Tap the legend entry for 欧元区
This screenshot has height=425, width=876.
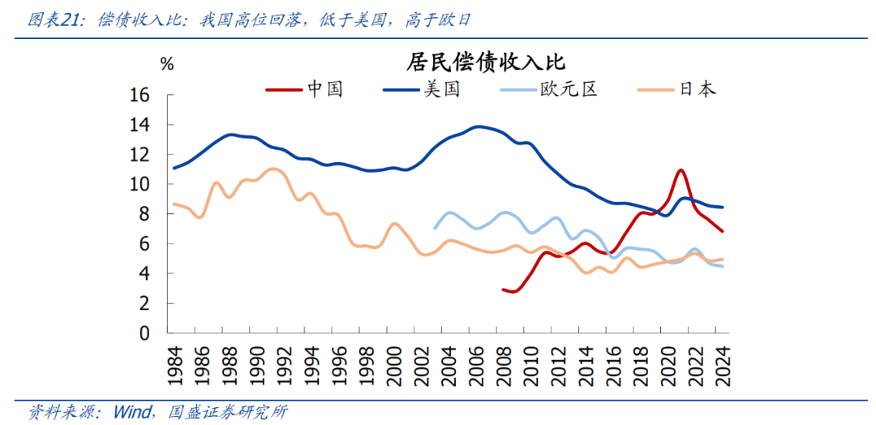(568, 89)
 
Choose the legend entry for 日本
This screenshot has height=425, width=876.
(697, 89)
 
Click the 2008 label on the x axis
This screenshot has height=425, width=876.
(503, 362)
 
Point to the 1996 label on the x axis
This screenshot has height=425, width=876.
(339, 362)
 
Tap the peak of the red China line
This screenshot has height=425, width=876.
(681, 170)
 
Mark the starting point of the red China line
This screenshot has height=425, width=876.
(503, 289)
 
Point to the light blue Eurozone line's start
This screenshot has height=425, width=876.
(435, 228)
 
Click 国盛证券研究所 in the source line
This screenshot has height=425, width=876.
(228, 412)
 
